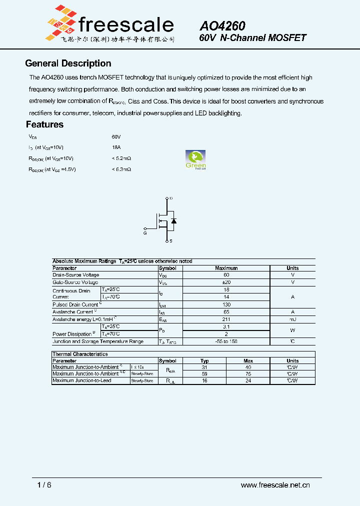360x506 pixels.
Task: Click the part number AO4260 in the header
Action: pos(222,25)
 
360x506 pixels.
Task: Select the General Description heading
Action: pos(68,63)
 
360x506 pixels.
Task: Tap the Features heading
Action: pos(44,124)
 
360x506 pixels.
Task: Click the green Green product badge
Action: pos(195,160)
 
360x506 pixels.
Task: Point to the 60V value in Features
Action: pos(116,136)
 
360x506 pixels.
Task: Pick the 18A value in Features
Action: pos(116,147)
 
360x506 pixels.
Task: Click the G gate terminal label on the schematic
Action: pos(145,233)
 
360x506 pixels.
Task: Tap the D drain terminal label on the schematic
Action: pos(171,198)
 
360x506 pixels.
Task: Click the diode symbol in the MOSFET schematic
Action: pos(173,220)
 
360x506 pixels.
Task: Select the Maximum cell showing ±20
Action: pos(226,282)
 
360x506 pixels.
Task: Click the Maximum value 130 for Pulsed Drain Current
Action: pos(226,304)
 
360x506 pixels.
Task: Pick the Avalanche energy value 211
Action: pos(226,319)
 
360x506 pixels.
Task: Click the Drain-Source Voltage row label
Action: pos(76,275)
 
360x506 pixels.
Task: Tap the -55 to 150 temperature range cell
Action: pos(226,341)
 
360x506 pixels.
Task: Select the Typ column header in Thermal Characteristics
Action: pos(204,360)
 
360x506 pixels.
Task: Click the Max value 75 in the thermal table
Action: pos(248,373)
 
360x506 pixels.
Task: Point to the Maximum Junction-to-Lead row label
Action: pos(82,380)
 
